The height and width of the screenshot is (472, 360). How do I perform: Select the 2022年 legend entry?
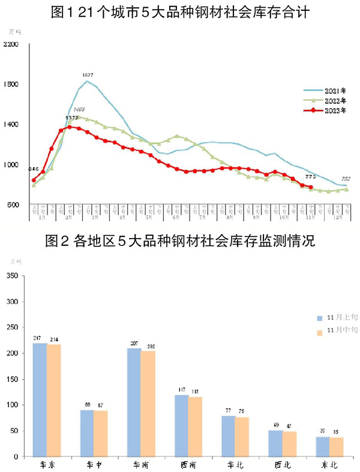click(x=326, y=101)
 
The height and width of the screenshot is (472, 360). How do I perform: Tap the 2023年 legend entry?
click(x=326, y=111)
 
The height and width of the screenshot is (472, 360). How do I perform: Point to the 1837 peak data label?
click(x=88, y=75)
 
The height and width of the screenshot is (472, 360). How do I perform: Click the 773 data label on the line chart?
click(x=311, y=176)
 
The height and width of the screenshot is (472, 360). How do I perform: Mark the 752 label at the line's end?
click(x=346, y=179)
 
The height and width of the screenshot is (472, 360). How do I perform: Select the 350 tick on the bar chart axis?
click(x=13, y=275)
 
